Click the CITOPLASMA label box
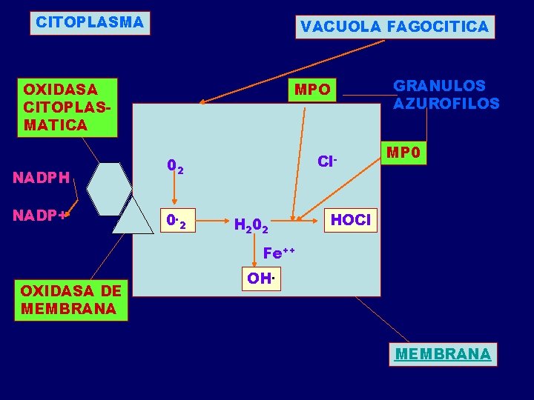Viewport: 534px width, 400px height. pos(90,22)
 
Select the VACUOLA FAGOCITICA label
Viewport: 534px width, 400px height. pos(394,27)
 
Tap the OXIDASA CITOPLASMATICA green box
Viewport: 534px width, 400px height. pos(67,107)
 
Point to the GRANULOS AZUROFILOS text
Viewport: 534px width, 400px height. pos(446,95)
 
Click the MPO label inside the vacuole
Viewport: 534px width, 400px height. pos(312,90)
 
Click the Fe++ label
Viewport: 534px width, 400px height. pos(279,253)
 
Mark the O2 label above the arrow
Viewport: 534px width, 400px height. pos(175,168)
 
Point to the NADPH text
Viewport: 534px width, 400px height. pos(42,177)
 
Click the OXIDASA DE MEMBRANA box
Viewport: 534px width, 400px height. pos(70,299)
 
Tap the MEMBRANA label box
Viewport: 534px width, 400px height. pos(443,354)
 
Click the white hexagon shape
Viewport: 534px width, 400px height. pos(110,188)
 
